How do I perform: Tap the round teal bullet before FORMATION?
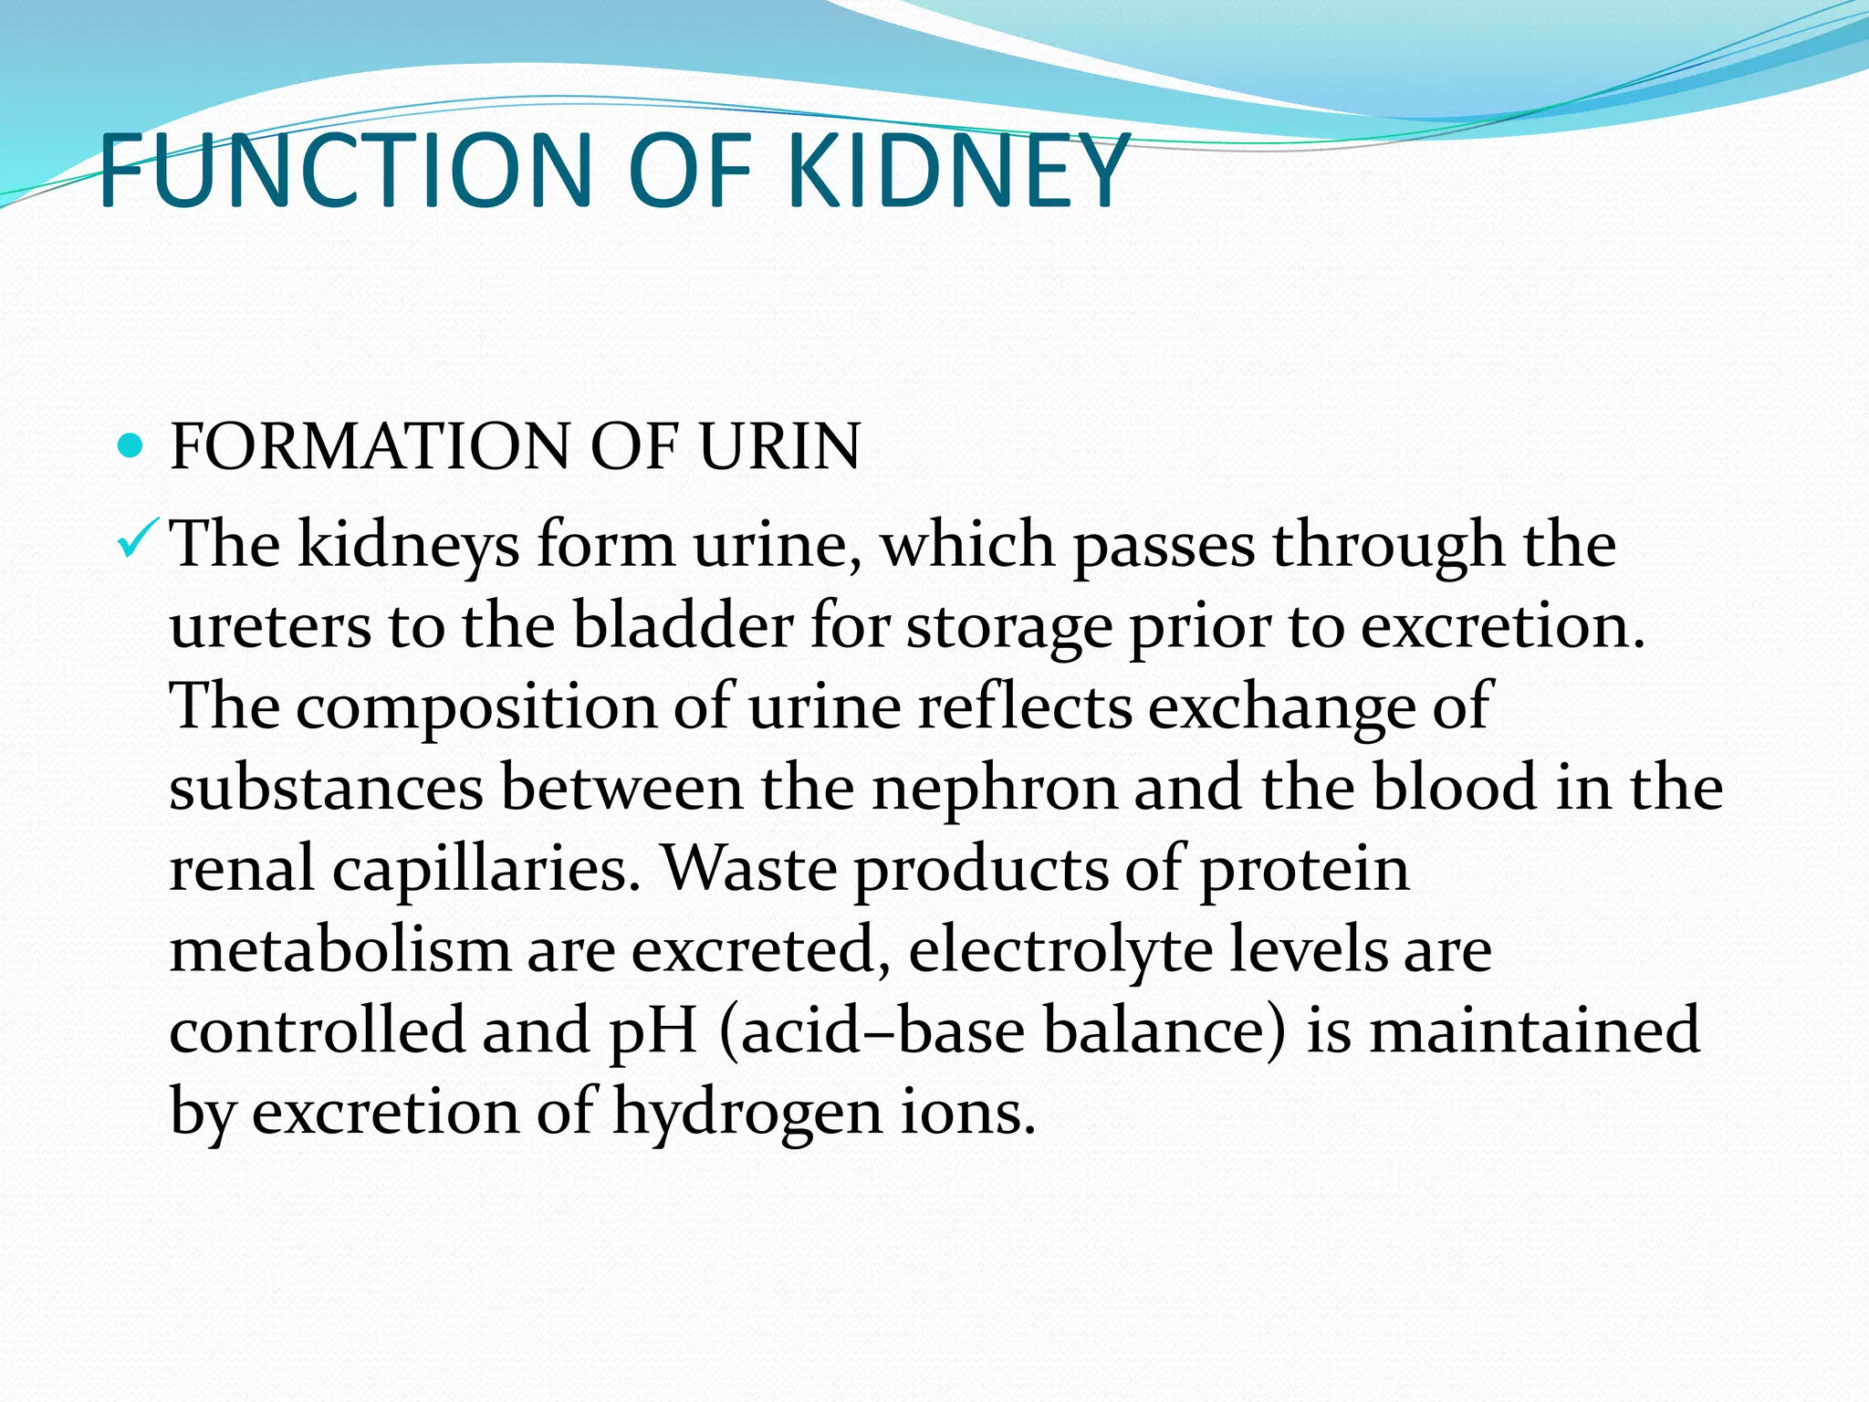(x=131, y=446)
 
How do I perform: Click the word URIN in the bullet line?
(x=779, y=447)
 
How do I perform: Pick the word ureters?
(x=270, y=628)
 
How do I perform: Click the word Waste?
(x=748, y=869)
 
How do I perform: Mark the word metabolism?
(x=339, y=949)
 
